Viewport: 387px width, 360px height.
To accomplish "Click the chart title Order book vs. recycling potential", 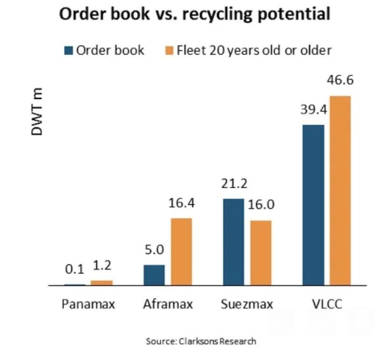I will [x=194, y=14].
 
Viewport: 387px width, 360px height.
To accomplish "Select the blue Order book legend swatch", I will [x=68, y=51].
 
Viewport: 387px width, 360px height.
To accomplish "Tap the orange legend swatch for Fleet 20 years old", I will [x=168, y=51].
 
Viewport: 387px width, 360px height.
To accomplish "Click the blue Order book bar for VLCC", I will [x=313, y=205].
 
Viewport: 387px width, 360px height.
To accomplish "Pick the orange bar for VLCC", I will [x=340, y=191].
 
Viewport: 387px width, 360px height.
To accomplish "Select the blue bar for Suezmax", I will [x=233, y=242].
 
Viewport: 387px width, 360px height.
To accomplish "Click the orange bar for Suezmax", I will [x=260, y=253].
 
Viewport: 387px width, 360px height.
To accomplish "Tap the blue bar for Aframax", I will [x=154, y=275].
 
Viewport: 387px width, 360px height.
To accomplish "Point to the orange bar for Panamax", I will [x=101, y=283].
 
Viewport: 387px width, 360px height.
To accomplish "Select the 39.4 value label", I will [x=313, y=110].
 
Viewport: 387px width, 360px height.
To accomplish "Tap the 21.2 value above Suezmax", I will [x=233, y=184].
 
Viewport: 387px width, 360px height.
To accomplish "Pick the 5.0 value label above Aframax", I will [x=154, y=250].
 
